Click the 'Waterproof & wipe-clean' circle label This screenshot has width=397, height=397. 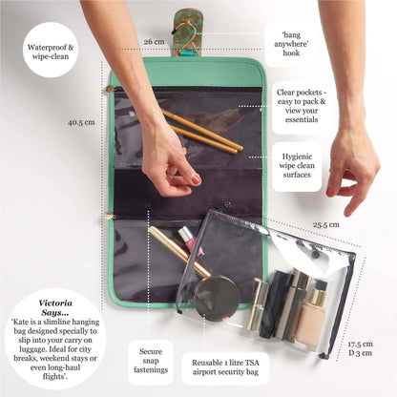tap(50, 49)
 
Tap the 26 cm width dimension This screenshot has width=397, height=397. tap(154, 42)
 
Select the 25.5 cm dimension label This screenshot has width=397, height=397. tap(325, 226)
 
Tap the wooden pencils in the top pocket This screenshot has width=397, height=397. tap(202, 133)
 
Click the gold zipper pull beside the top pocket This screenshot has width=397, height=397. tap(111, 90)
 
